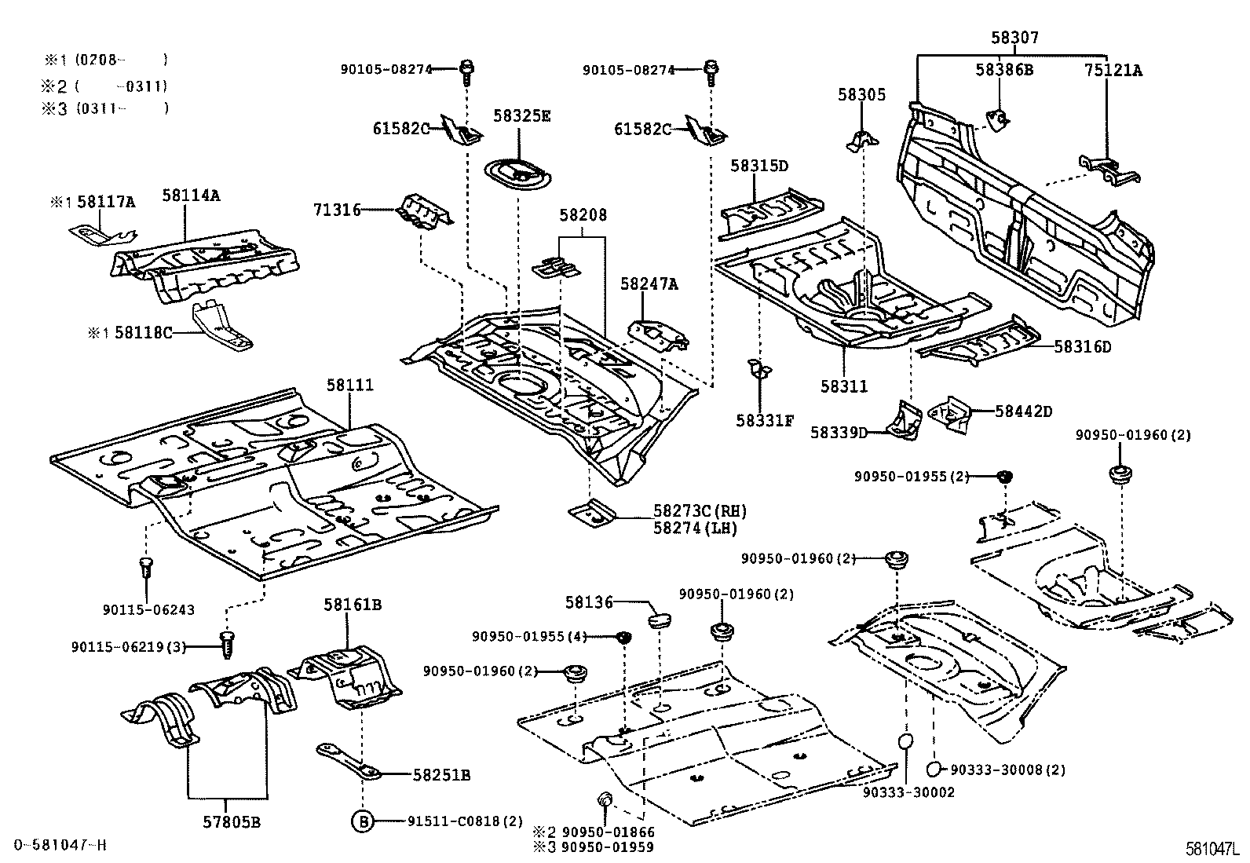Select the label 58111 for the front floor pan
pyautogui.click(x=350, y=386)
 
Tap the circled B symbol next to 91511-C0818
pyautogui.click(x=362, y=821)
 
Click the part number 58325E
pyautogui.click(x=521, y=115)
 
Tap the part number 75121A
pyautogui.click(x=1113, y=70)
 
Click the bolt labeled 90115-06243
pyautogui.click(x=145, y=566)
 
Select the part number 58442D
pyautogui.click(x=1023, y=411)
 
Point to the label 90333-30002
pyautogui.click(x=908, y=792)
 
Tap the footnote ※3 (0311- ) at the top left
pyautogui.click(x=104, y=108)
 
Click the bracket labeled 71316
pyautogui.click(x=426, y=210)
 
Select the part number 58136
pyautogui.click(x=588, y=602)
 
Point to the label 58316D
pyautogui.click(x=1082, y=346)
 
